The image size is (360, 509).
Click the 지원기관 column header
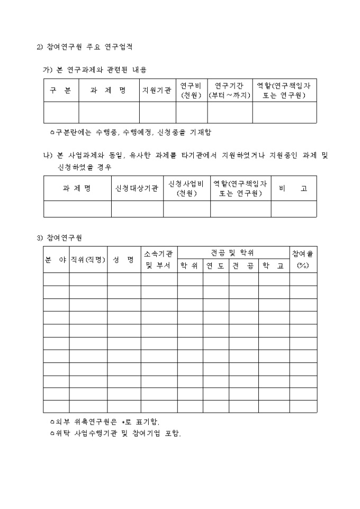pyautogui.click(x=157, y=90)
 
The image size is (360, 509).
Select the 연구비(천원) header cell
pyautogui.click(x=191, y=90)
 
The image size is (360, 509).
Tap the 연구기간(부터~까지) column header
pyautogui.click(x=229, y=90)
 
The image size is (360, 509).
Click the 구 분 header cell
pyautogui.click(x=61, y=90)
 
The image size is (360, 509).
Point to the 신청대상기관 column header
pyautogui.click(x=137, y=188)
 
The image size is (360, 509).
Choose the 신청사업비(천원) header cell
pyautogui.click(x=186, y=188)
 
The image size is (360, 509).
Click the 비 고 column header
pyautogui.click(x=293, y=188)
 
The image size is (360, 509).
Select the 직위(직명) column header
pyautogui.click(x=88, y=259)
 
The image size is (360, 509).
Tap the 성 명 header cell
pyautogui.click(x=123, y=259)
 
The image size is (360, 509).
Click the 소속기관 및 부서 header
pyautogui.click(x=158, y=259)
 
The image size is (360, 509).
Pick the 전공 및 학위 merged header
pyautogui.click(x=232, y=253)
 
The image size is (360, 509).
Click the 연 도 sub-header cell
pyautogui.click(x=215, y=266)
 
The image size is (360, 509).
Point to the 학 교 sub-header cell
pyautogui.click(x=273, y=266)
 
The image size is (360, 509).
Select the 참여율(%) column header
pyautogui.click(x=303, y=259)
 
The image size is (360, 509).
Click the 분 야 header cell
pyautogui.click(x=56, y=259)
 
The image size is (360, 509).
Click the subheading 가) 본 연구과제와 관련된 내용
pyautogui.click(x=94, y=69)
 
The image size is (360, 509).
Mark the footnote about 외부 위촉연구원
pyautogui.click(x=104, y=422)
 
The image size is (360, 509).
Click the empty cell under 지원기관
pyautogui.click(x=157, y=112)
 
